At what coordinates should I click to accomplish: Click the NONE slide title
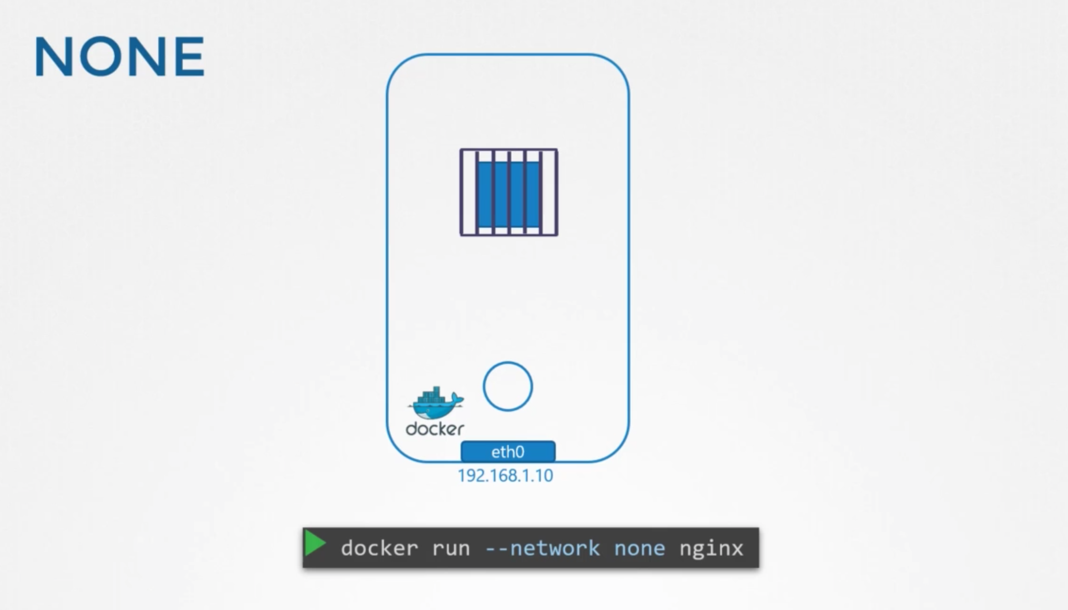click(x=119, y=57)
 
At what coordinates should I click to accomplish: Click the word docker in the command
click(x=379, y=548)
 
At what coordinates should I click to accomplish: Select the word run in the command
click(x=450, y=549)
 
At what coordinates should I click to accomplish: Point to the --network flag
click(x=542, y=548)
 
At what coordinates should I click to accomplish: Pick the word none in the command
click(x=639, y=549)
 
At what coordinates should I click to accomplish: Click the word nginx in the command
click(x=711, y=549)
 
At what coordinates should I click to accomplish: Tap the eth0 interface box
click(x=508, y=452)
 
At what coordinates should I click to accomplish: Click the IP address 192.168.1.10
click(x=505, y=476)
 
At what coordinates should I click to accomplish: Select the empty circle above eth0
click(x=508, y=386)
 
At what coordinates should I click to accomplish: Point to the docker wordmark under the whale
click(x=435, y=429)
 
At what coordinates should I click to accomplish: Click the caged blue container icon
click(x=509, y=192)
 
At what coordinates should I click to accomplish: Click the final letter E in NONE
click(x=190, y=57)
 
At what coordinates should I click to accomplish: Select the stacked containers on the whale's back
click(x=432, y=394)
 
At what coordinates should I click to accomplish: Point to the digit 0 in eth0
click(x=519, y=452)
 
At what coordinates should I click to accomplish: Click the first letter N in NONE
click(x=54, y=57)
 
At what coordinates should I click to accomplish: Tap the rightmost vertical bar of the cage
click(x=556, y=192)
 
